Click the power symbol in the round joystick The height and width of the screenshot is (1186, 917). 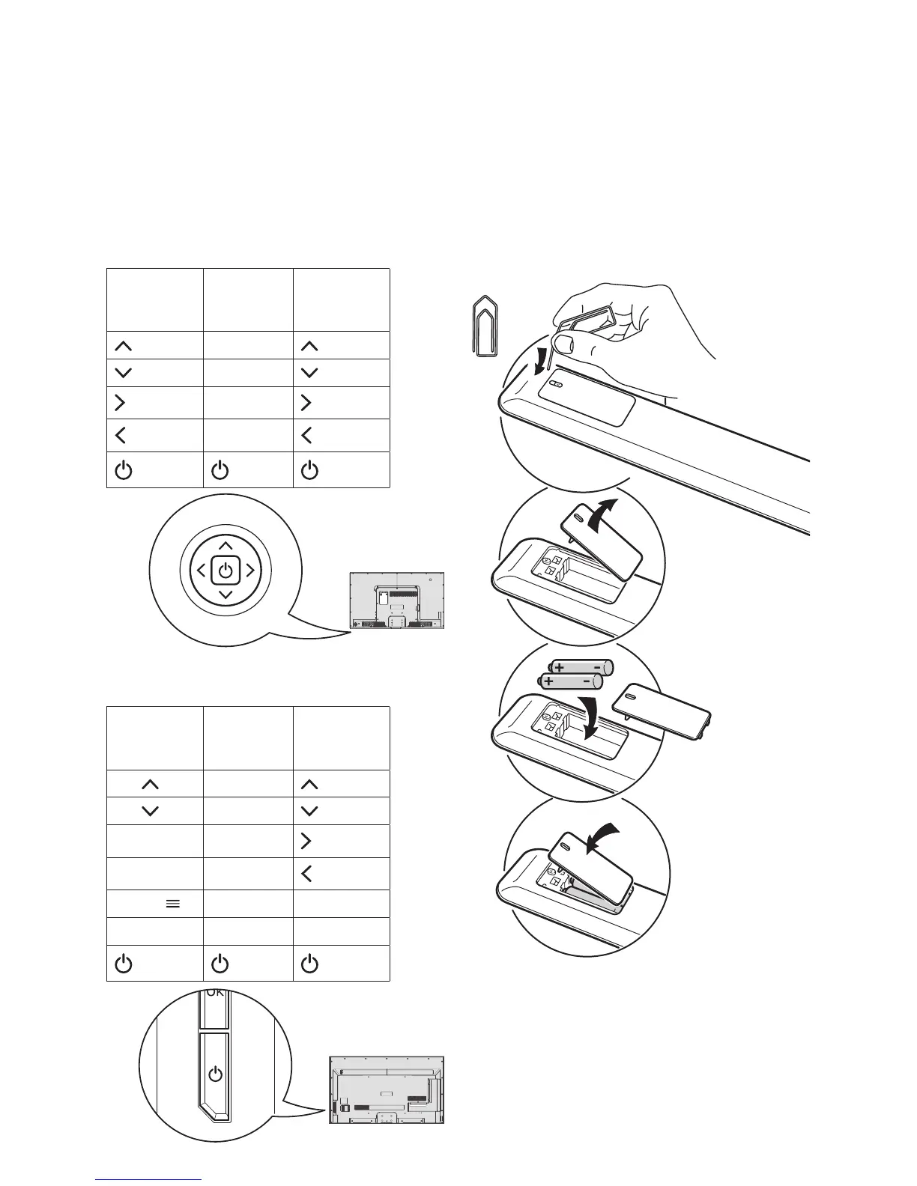[226, 571]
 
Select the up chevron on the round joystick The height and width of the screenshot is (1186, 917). [226, 545]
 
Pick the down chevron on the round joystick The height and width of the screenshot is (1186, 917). [226, 596]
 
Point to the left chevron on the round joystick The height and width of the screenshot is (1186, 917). [201, 571]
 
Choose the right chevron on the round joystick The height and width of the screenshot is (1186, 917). [250, 571]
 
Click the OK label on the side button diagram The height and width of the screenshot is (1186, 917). [215, 994]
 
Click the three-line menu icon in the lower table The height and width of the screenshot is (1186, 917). [172, 904]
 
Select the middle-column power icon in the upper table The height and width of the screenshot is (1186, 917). [220, 471]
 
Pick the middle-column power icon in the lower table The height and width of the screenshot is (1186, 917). [220, 964]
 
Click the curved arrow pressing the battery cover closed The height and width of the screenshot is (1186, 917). [605, 836]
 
